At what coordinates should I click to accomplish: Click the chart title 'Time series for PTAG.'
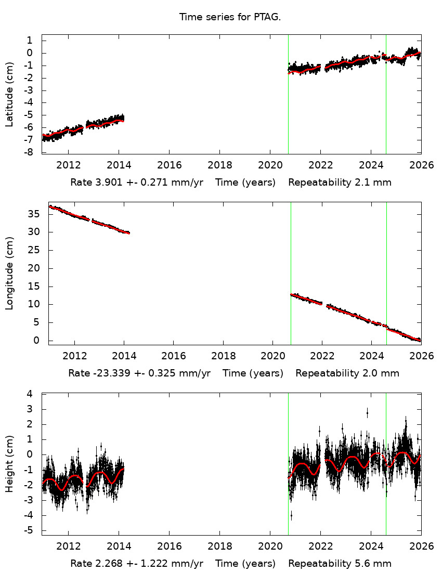coord(230,17)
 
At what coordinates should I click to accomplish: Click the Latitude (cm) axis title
coord(9,94)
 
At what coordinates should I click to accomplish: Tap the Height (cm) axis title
coord(9,464)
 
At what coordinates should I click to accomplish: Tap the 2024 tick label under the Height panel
coord(371,547)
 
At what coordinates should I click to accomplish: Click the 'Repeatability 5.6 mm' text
coord(340,564)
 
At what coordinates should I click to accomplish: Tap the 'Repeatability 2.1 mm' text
coord(340,183)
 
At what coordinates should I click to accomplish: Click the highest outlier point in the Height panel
coord(367,412)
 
